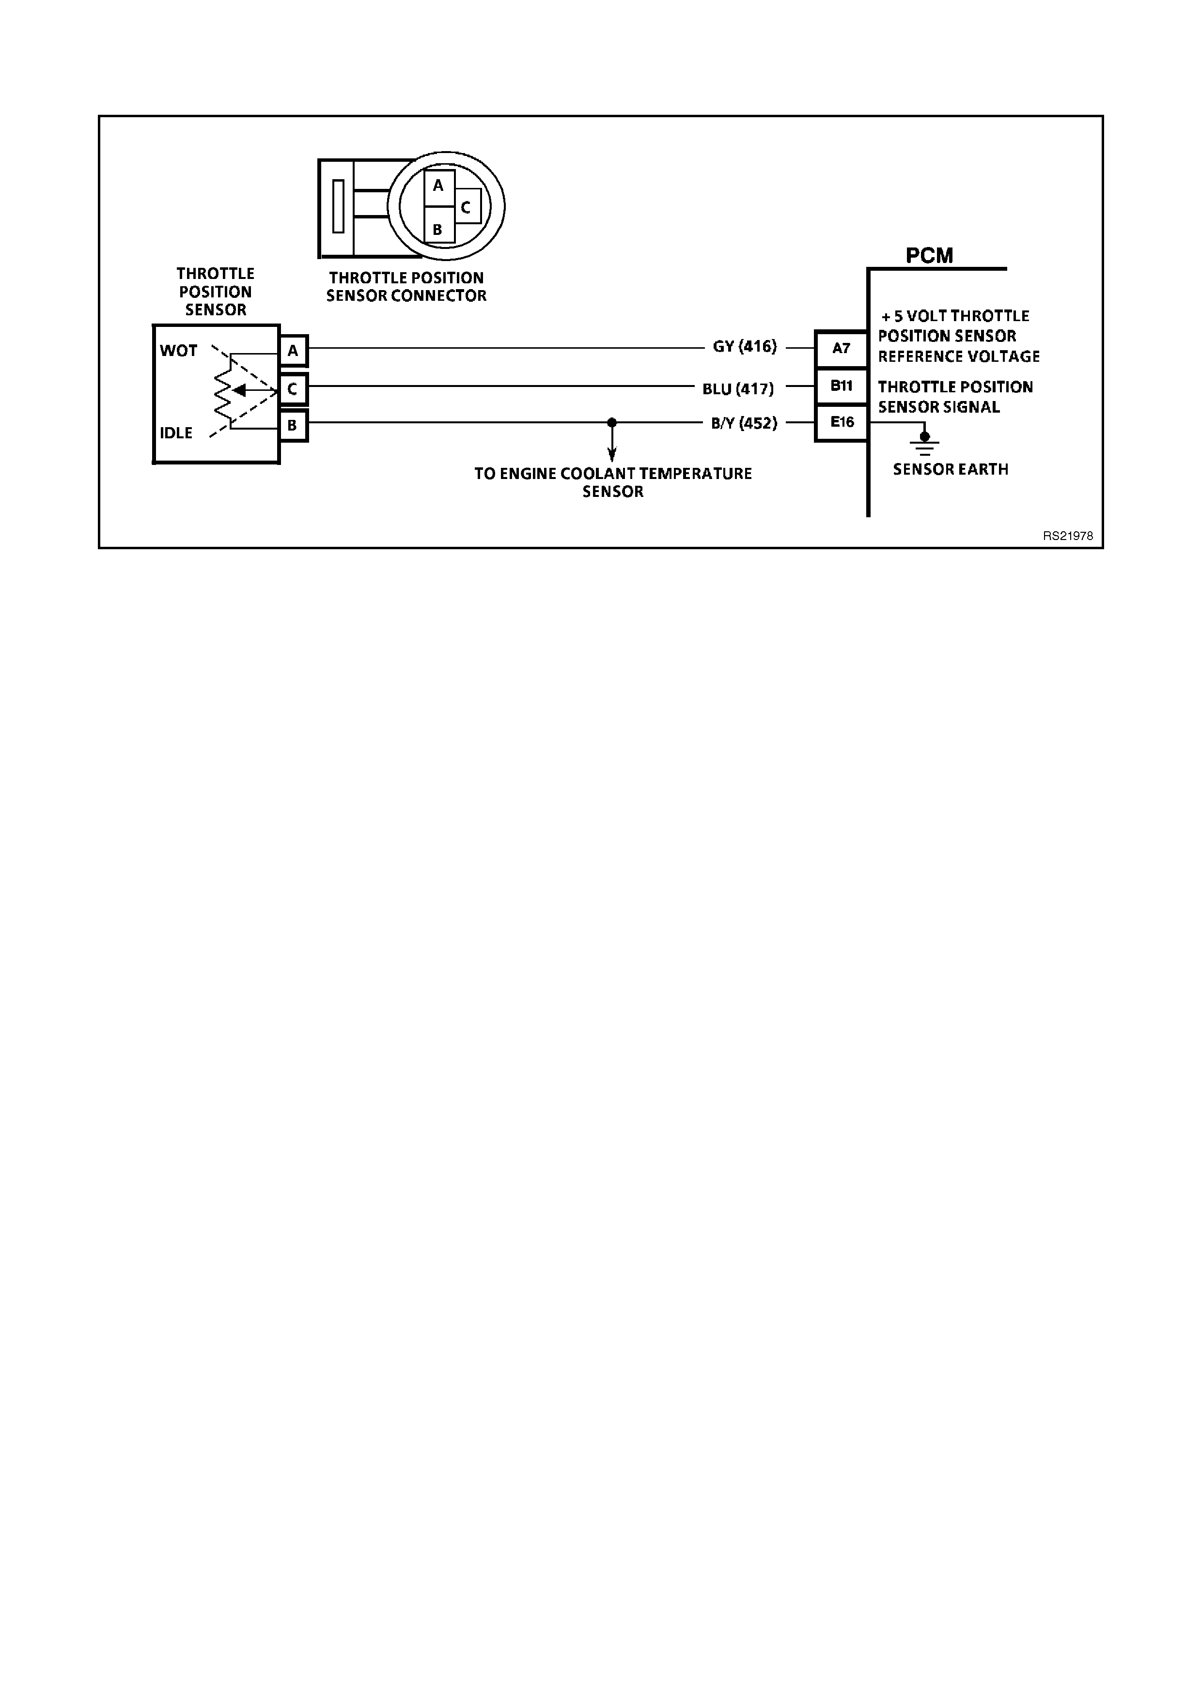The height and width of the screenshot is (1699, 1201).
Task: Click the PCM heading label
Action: pos(929,256)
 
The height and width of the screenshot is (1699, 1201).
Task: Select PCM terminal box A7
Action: pos(842,349)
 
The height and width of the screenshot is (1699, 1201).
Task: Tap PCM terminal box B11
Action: pos(842,386)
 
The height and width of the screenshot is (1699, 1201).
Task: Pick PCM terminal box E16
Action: pos(842,422)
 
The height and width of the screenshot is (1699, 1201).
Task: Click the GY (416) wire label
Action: pos(745,346)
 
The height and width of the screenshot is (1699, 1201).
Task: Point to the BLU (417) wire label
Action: pos(738,388)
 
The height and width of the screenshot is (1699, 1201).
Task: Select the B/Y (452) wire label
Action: pos(744,424)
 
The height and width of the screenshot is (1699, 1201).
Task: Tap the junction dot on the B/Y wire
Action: pos(611,422)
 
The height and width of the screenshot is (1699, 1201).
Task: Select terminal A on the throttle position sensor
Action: pos(293,351)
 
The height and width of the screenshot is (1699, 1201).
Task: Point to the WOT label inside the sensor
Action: pos(178,351)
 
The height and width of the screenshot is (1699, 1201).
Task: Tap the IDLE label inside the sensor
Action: pos(176,433)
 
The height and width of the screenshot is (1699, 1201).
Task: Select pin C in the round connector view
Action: pos(466,207)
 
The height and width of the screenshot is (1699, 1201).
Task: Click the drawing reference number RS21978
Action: pos(1067,536)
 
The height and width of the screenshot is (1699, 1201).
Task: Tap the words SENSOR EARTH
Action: pos(950,469)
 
